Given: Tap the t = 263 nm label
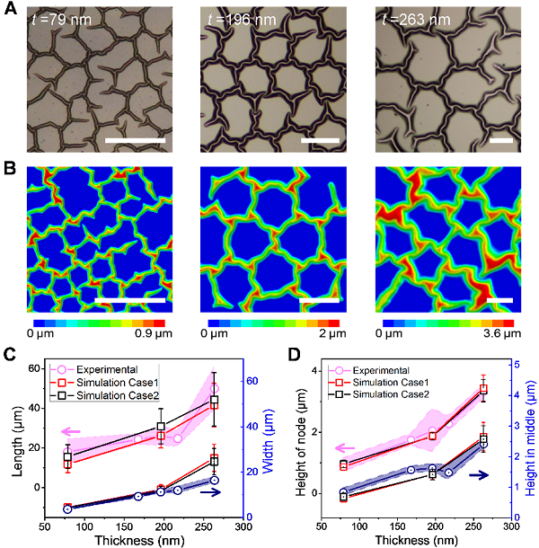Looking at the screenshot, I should pos(414,15).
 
